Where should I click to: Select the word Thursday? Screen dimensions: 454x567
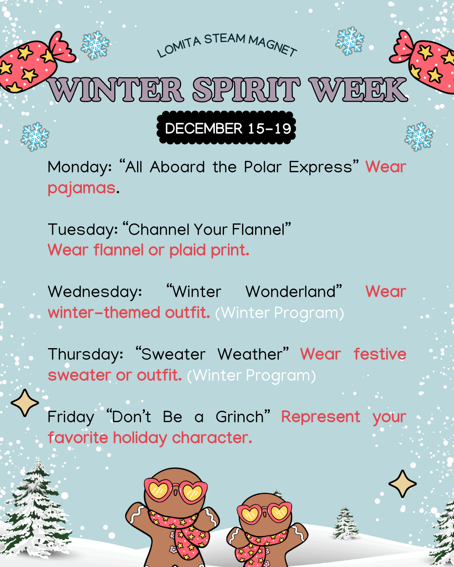[x=85, y=354]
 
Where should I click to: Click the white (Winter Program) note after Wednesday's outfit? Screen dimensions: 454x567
[x=280, y=313]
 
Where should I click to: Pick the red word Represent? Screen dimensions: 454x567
[x=320, y=417]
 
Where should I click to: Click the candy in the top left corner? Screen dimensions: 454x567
[x=34, y=63]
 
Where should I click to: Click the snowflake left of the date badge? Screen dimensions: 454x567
[x=35, y=136]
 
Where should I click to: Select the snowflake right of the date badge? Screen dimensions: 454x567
[x=419, y=136]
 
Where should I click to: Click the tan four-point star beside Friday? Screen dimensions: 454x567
[x=25, y=403]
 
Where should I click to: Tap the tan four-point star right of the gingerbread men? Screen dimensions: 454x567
[x=402, y=484]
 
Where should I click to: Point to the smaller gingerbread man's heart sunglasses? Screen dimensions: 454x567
[x=264, y=512]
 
